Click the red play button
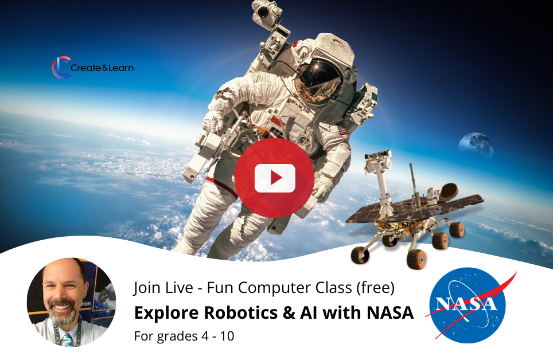(x=274, y=178)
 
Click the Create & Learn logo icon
(x=61, y=67)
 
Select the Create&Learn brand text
(x=102, y=68)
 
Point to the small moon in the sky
(x=475, y=145)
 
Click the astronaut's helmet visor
(x=319, y=79)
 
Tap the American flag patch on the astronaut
(x=341, y=128)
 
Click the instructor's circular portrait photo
(x=72, y=302)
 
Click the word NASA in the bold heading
(x=390, y=313)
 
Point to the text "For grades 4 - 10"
(x=184, y=336)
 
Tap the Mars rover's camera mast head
(x=377, y=156)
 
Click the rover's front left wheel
(x=360, y=255)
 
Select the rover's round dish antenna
(x=449, y=190)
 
